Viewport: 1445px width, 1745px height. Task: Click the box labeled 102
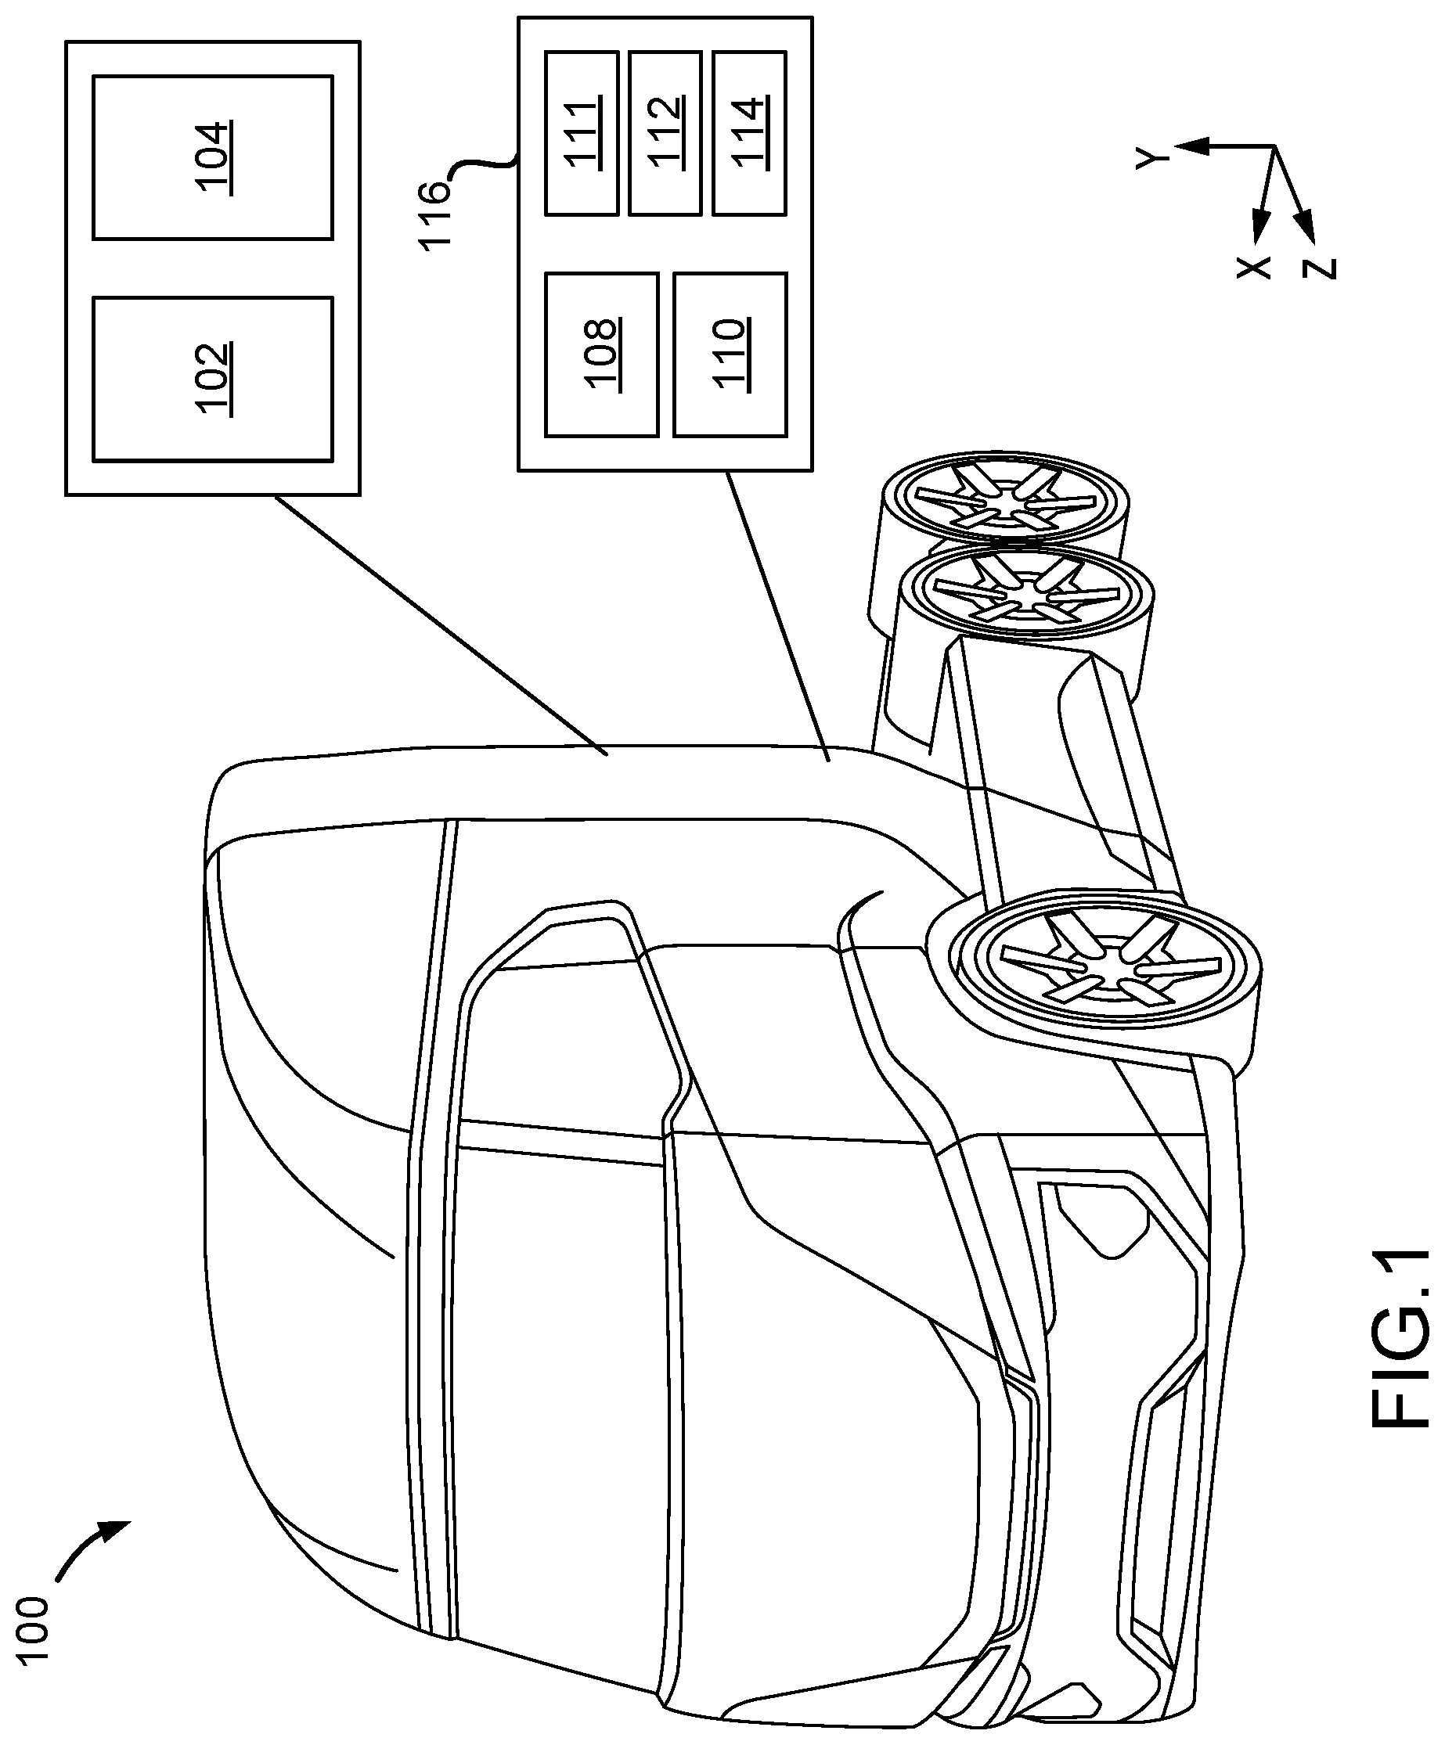213,379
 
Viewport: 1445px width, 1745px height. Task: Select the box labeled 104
213,158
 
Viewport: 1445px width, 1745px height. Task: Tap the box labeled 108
601,354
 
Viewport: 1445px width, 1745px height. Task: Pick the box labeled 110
729,354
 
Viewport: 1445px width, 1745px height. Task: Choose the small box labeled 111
581,133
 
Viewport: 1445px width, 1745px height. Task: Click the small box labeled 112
665,133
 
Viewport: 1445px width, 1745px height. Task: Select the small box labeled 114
749,133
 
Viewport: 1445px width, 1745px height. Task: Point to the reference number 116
434,215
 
